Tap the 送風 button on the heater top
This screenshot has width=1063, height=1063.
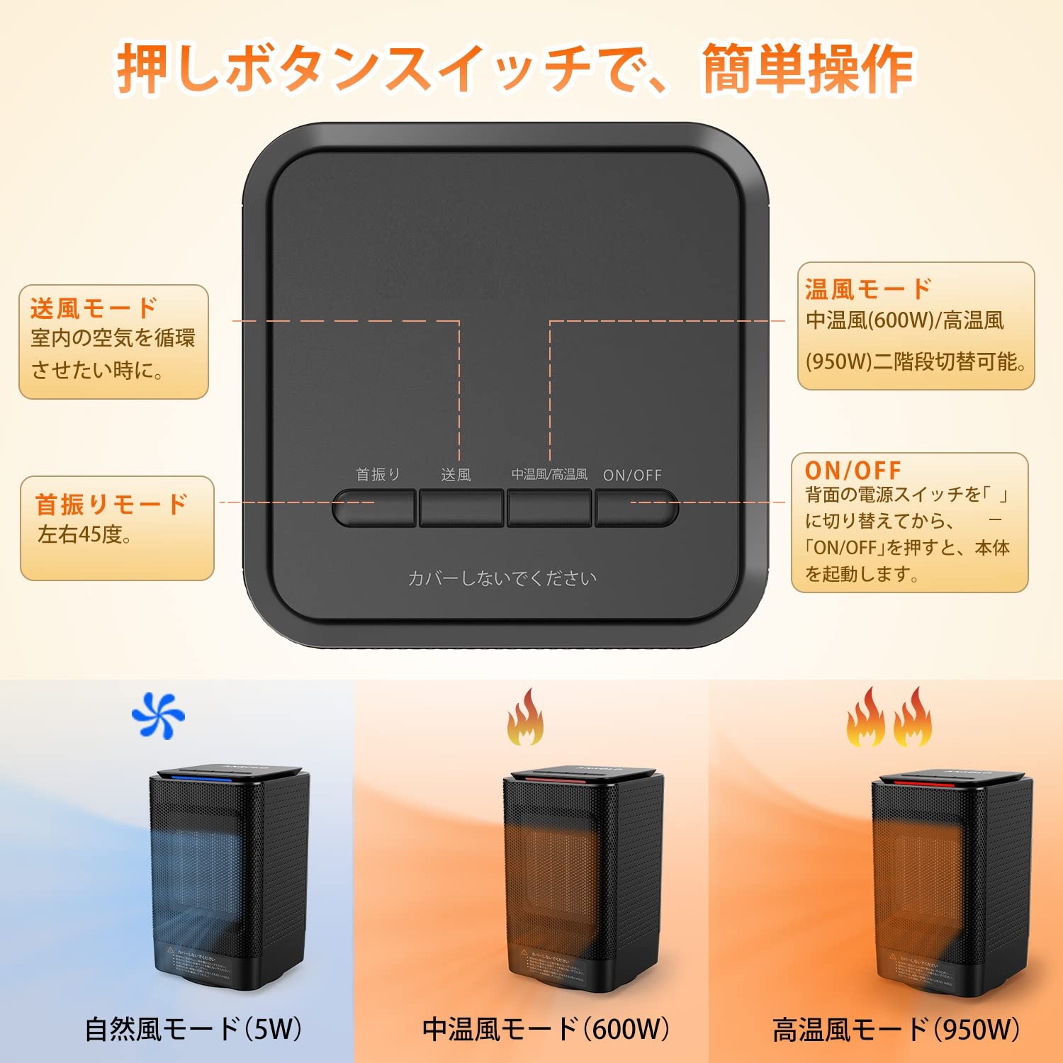(461, 507)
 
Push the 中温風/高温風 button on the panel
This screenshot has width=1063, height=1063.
(549, 507)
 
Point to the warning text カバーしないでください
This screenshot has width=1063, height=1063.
(502, 578)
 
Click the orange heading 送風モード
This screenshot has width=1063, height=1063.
(94, 308)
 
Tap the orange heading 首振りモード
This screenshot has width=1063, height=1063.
(111, 505)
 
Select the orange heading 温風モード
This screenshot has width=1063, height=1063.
(868, 289)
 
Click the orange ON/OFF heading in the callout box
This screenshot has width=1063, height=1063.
(853, 471)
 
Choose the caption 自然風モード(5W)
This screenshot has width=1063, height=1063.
(193, 1029)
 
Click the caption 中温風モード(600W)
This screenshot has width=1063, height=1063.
(546, 1029)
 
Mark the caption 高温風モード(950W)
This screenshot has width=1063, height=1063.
(896, 1030)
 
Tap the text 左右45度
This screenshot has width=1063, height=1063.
(84, 534)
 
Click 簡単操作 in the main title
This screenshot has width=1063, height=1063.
(807, 69)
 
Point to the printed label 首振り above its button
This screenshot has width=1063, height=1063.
(378, 474)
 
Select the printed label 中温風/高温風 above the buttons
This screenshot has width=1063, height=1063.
(549, 474)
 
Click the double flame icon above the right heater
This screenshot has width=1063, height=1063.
(889, 718)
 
